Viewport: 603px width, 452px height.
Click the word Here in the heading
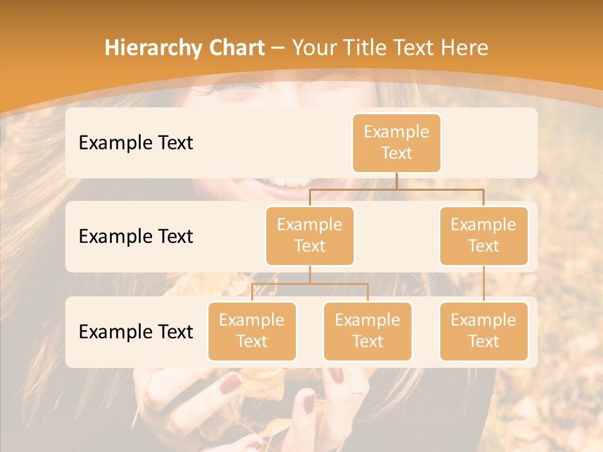pos(462,48)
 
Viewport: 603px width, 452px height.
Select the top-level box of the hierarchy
pos(396,143)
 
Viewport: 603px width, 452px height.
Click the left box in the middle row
pos(310,235)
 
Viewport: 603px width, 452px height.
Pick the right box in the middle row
pos(484,235)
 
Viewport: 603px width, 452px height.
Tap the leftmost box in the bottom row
pos(252,331)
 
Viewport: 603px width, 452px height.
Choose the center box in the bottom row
pos(367,331)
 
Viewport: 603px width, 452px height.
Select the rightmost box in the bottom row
pos(484,331)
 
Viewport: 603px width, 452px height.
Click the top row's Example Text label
pos(136,143)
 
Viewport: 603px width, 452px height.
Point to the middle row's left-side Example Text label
pos(136,236)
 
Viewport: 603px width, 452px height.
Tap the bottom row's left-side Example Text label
pos(136,331)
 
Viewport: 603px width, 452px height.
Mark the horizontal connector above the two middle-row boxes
pos(396,189)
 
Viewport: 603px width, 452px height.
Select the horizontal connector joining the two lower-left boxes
pos(310,284)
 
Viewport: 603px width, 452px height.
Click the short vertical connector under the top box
pos(396,181)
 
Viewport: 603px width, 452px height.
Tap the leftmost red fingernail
pos(231,382)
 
